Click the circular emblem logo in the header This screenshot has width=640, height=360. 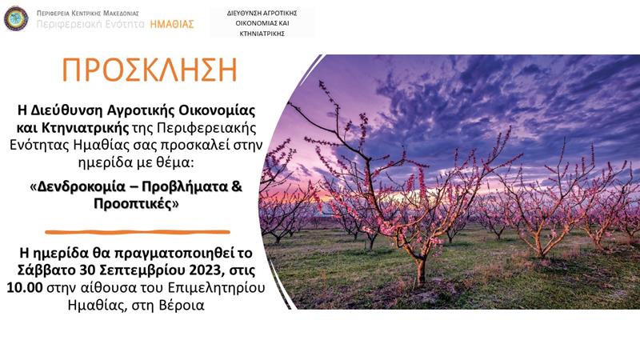(x=16, y=18)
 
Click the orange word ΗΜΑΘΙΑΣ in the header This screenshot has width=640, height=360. (x=172, y=24)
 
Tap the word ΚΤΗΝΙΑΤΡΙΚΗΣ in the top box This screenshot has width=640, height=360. (x=262, y=33)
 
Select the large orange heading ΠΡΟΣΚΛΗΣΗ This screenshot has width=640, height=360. (x=149, y=70)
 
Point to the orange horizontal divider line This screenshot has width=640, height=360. (x=138, y=232)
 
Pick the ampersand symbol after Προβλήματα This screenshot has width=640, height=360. (x=236, y=186)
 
